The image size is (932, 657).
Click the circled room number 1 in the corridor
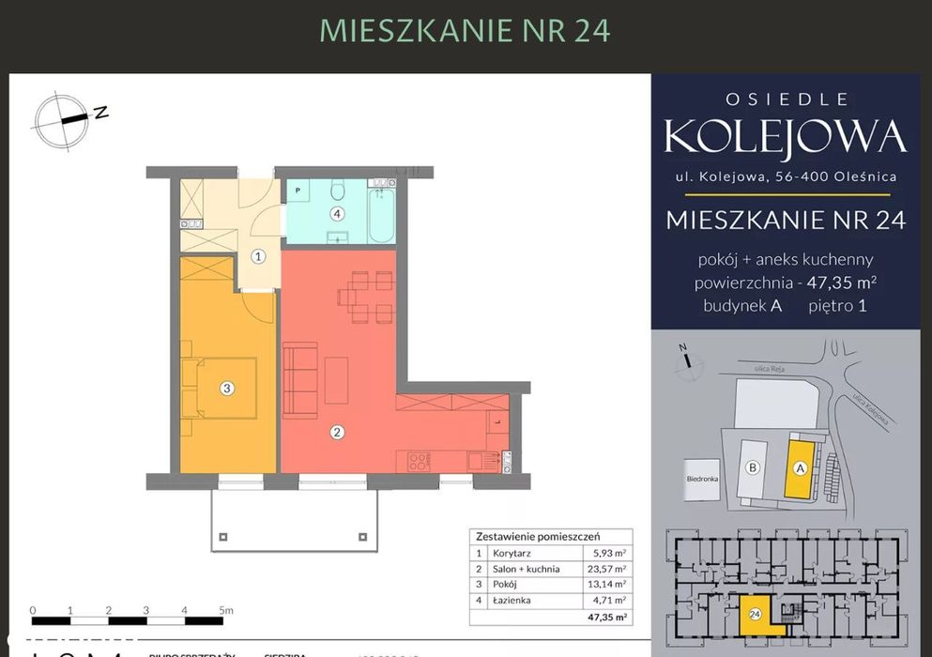[x=259, y=255]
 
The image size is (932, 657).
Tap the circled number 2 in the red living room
[x=337, y=433]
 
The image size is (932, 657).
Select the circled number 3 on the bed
[x=226, y=388]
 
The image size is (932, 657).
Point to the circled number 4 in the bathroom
[x=337, y=213]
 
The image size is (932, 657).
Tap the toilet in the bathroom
[x=338, y=190]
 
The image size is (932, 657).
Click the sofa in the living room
[x=300, y=379]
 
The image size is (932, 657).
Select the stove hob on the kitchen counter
[x=419, y=461]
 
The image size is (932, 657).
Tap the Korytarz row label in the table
[x=511, y=554]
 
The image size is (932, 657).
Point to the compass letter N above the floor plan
[x=100, y=113]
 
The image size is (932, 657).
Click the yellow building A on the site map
[x=800, y=467]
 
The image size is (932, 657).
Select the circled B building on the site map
[x=752, y=466]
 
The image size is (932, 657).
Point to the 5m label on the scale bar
[x=225, y=610]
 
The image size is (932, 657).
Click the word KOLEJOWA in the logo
[x=785, y=137]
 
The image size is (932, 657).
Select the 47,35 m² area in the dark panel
[x=835, y=282]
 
